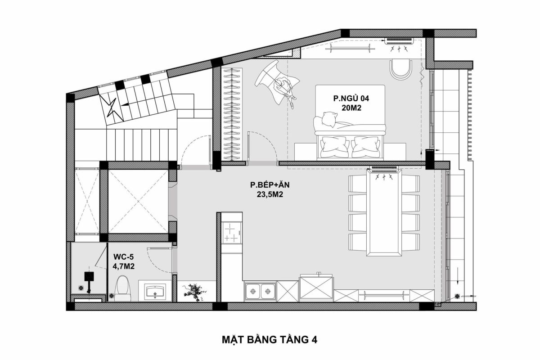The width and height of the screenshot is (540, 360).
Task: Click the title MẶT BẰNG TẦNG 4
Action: pyautogui.click(x=270, y=339)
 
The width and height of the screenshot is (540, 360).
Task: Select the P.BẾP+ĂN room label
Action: pyautogui.click(x=270, y=185)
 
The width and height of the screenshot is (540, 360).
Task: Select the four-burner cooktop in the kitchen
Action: pyautogui.click(x=232, y=232)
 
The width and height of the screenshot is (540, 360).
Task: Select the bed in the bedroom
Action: pyautogui.click(x=350, y=121)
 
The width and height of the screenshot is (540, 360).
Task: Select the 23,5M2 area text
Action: pyautogui.click(x=270, y=195)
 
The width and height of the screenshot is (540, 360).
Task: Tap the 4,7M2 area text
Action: pyautogui.click(x=124, y=266)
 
